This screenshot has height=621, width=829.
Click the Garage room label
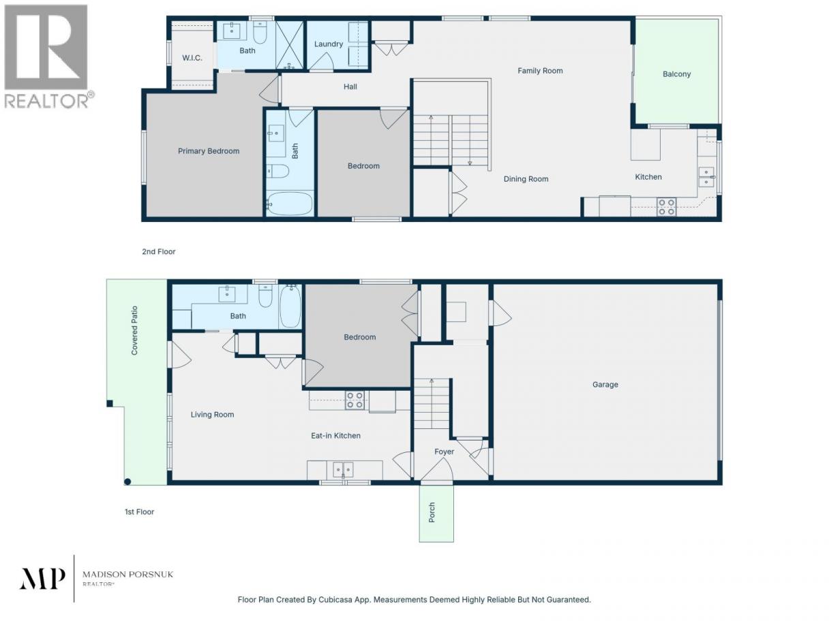point(605,385)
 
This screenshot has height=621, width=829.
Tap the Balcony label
point(676,74)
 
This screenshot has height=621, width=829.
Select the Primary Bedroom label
point(209,151)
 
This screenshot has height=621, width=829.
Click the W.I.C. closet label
point(192,58)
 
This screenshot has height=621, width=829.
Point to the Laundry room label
point(329,44)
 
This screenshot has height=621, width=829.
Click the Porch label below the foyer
point(432,512)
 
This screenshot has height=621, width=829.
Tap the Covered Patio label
point(134,330)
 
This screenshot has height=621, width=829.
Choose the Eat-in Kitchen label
point(335,436)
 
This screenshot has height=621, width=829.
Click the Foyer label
point(444,451)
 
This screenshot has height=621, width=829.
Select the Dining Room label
point(526,179)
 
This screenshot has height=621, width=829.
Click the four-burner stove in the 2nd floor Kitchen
point(666,207)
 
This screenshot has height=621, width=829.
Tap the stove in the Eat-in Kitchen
point(355,400)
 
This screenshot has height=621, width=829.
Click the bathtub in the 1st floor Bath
point(290,306)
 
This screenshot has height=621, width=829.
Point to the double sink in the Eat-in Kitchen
point(343,470)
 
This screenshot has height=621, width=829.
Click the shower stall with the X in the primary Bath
point(289,45)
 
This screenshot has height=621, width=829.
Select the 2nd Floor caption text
point(159,251)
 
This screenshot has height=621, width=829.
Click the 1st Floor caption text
point(139,511)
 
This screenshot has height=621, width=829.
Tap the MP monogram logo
point(42,579)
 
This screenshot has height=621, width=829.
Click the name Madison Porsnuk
point(127,575)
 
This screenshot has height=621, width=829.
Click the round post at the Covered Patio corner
point(127,481)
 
